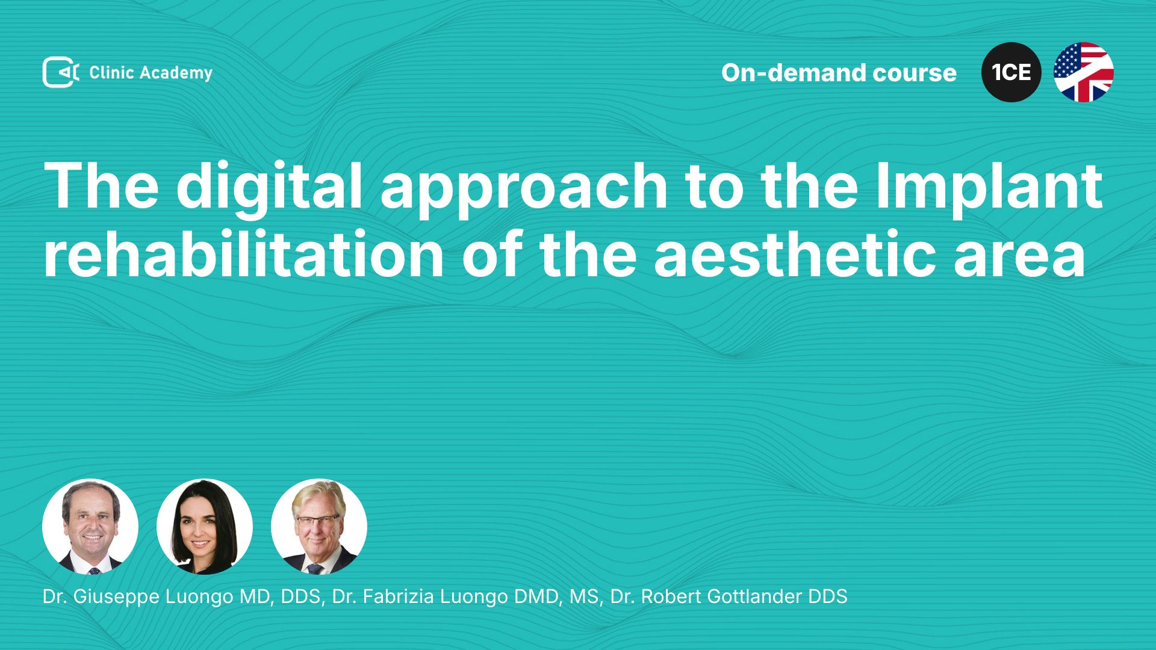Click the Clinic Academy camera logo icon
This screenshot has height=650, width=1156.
[61, 72]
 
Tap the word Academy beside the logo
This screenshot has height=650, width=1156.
[176, 73]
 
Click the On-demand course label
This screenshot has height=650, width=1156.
[839, 73]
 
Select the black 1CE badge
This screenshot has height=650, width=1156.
[1011, 72]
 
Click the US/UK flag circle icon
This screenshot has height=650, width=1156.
[1084, 72]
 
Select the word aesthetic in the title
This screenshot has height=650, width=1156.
[795, 254]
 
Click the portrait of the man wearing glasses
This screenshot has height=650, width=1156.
[319, 527]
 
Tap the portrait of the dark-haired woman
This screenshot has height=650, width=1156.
[205, 527]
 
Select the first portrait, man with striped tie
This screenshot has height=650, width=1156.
[90, 527]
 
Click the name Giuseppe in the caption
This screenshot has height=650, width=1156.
[117, 597]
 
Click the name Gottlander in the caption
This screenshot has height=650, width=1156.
[754, 596]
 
